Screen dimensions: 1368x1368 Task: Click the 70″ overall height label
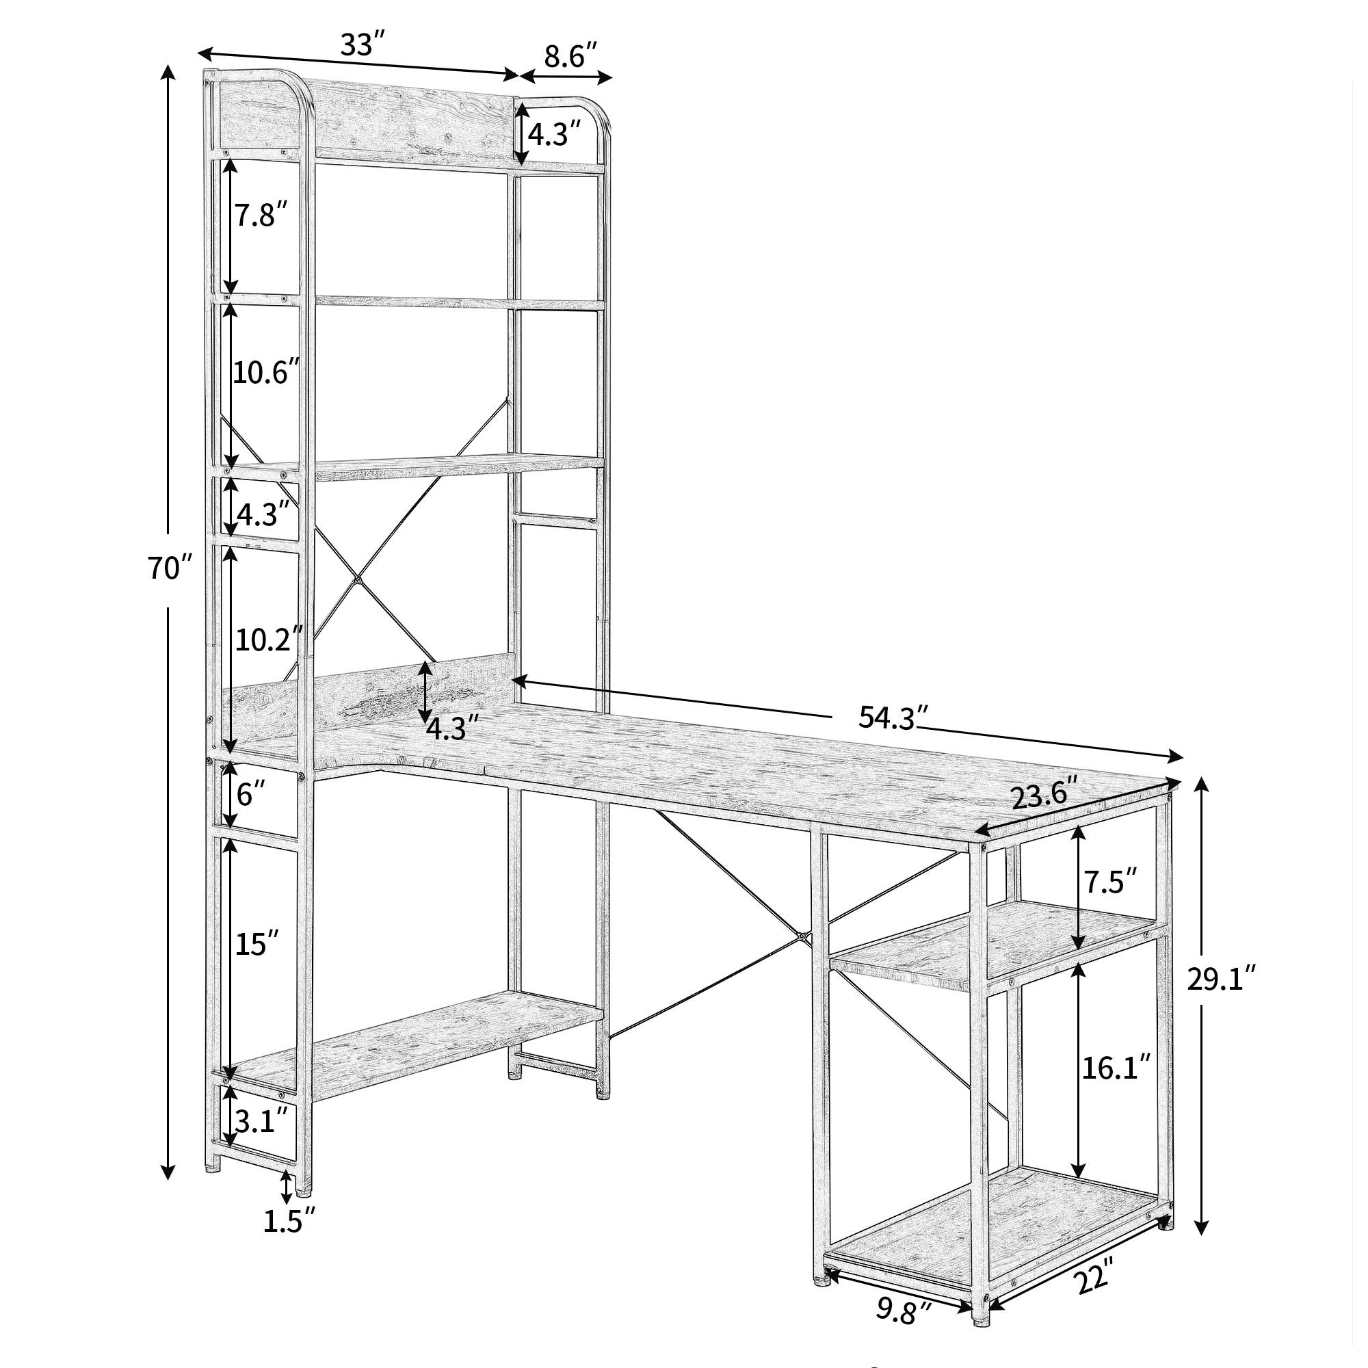point(170,568)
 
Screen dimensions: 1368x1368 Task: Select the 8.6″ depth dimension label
point(571,56)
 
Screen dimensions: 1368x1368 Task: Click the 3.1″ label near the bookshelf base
point(261,1140)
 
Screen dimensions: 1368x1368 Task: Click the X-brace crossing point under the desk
point(802,938)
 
